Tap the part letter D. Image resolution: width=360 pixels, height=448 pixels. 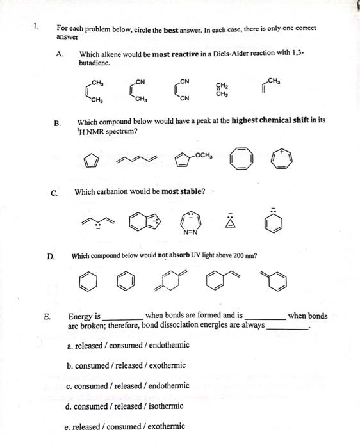[x=50, y=256]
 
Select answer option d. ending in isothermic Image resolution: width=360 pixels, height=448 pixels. [x=124, y=406]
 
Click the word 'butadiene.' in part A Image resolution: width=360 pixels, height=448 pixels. [x=95, y=63]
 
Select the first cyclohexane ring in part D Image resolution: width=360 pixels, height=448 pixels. [x=90, y=282]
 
